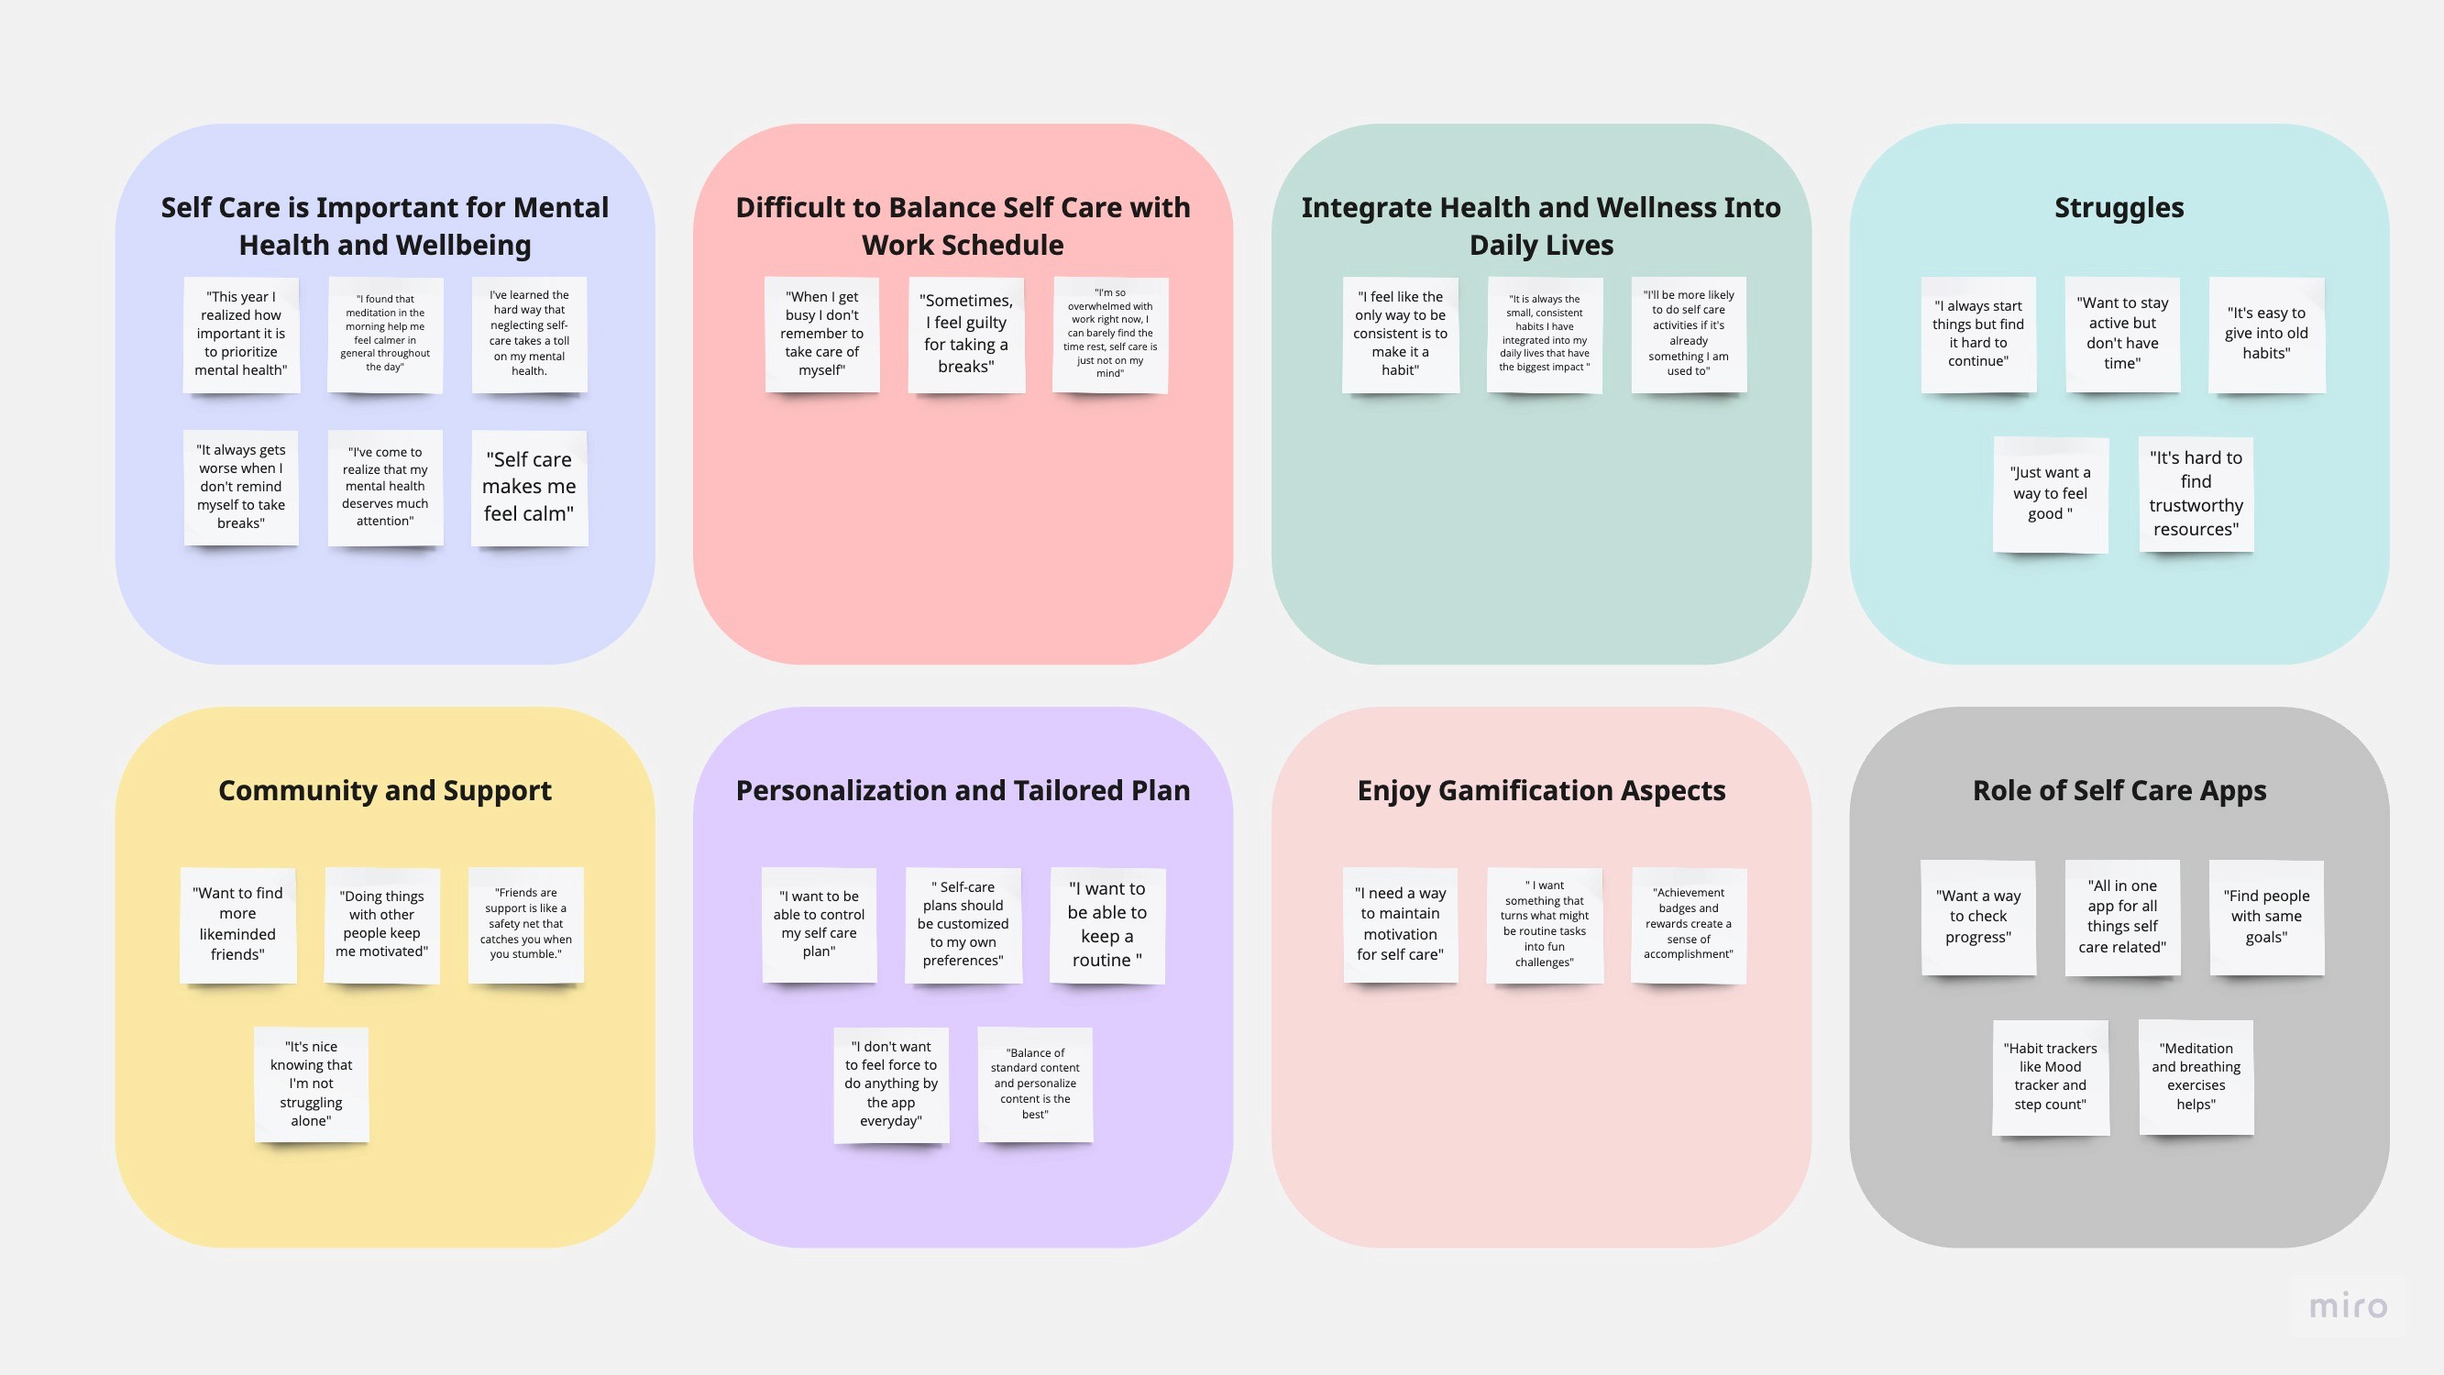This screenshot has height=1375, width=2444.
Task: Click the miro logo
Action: point(2347,1306)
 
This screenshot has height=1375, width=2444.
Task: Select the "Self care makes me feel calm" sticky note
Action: point(528,487)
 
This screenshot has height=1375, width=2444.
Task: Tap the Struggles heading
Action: point(2119,208)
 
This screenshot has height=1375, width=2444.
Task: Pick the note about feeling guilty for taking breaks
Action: point(966,334)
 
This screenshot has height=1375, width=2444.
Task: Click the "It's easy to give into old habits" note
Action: point(2265,334)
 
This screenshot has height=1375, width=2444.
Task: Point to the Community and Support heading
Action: point(384,790)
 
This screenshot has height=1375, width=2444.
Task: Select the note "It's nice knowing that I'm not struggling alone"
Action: point(310,1083)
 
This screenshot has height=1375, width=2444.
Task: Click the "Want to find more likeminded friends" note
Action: point(237,924)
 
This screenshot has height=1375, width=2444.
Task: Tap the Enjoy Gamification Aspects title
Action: point(1541,790)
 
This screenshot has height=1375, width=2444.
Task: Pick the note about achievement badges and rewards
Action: point(1688,924)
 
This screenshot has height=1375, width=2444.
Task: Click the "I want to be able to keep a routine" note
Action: point(1106,924)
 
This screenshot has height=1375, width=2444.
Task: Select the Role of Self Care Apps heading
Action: point(2119,790)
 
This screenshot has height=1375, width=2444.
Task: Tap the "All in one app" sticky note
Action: point(2121,917)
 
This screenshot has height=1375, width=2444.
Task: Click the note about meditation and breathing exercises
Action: point(2196,1077)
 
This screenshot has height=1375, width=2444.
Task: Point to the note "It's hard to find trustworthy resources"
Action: point(2196,493)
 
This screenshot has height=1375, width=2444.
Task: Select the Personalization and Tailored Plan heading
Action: point(962,790)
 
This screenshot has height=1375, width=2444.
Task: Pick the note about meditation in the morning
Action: point(384,334)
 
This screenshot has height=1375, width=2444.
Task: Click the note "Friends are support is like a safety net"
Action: point(524,924)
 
